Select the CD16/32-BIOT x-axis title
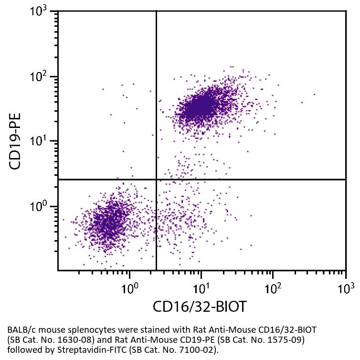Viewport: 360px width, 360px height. (200, 307)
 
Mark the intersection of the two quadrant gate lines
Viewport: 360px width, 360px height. (157, 180)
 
